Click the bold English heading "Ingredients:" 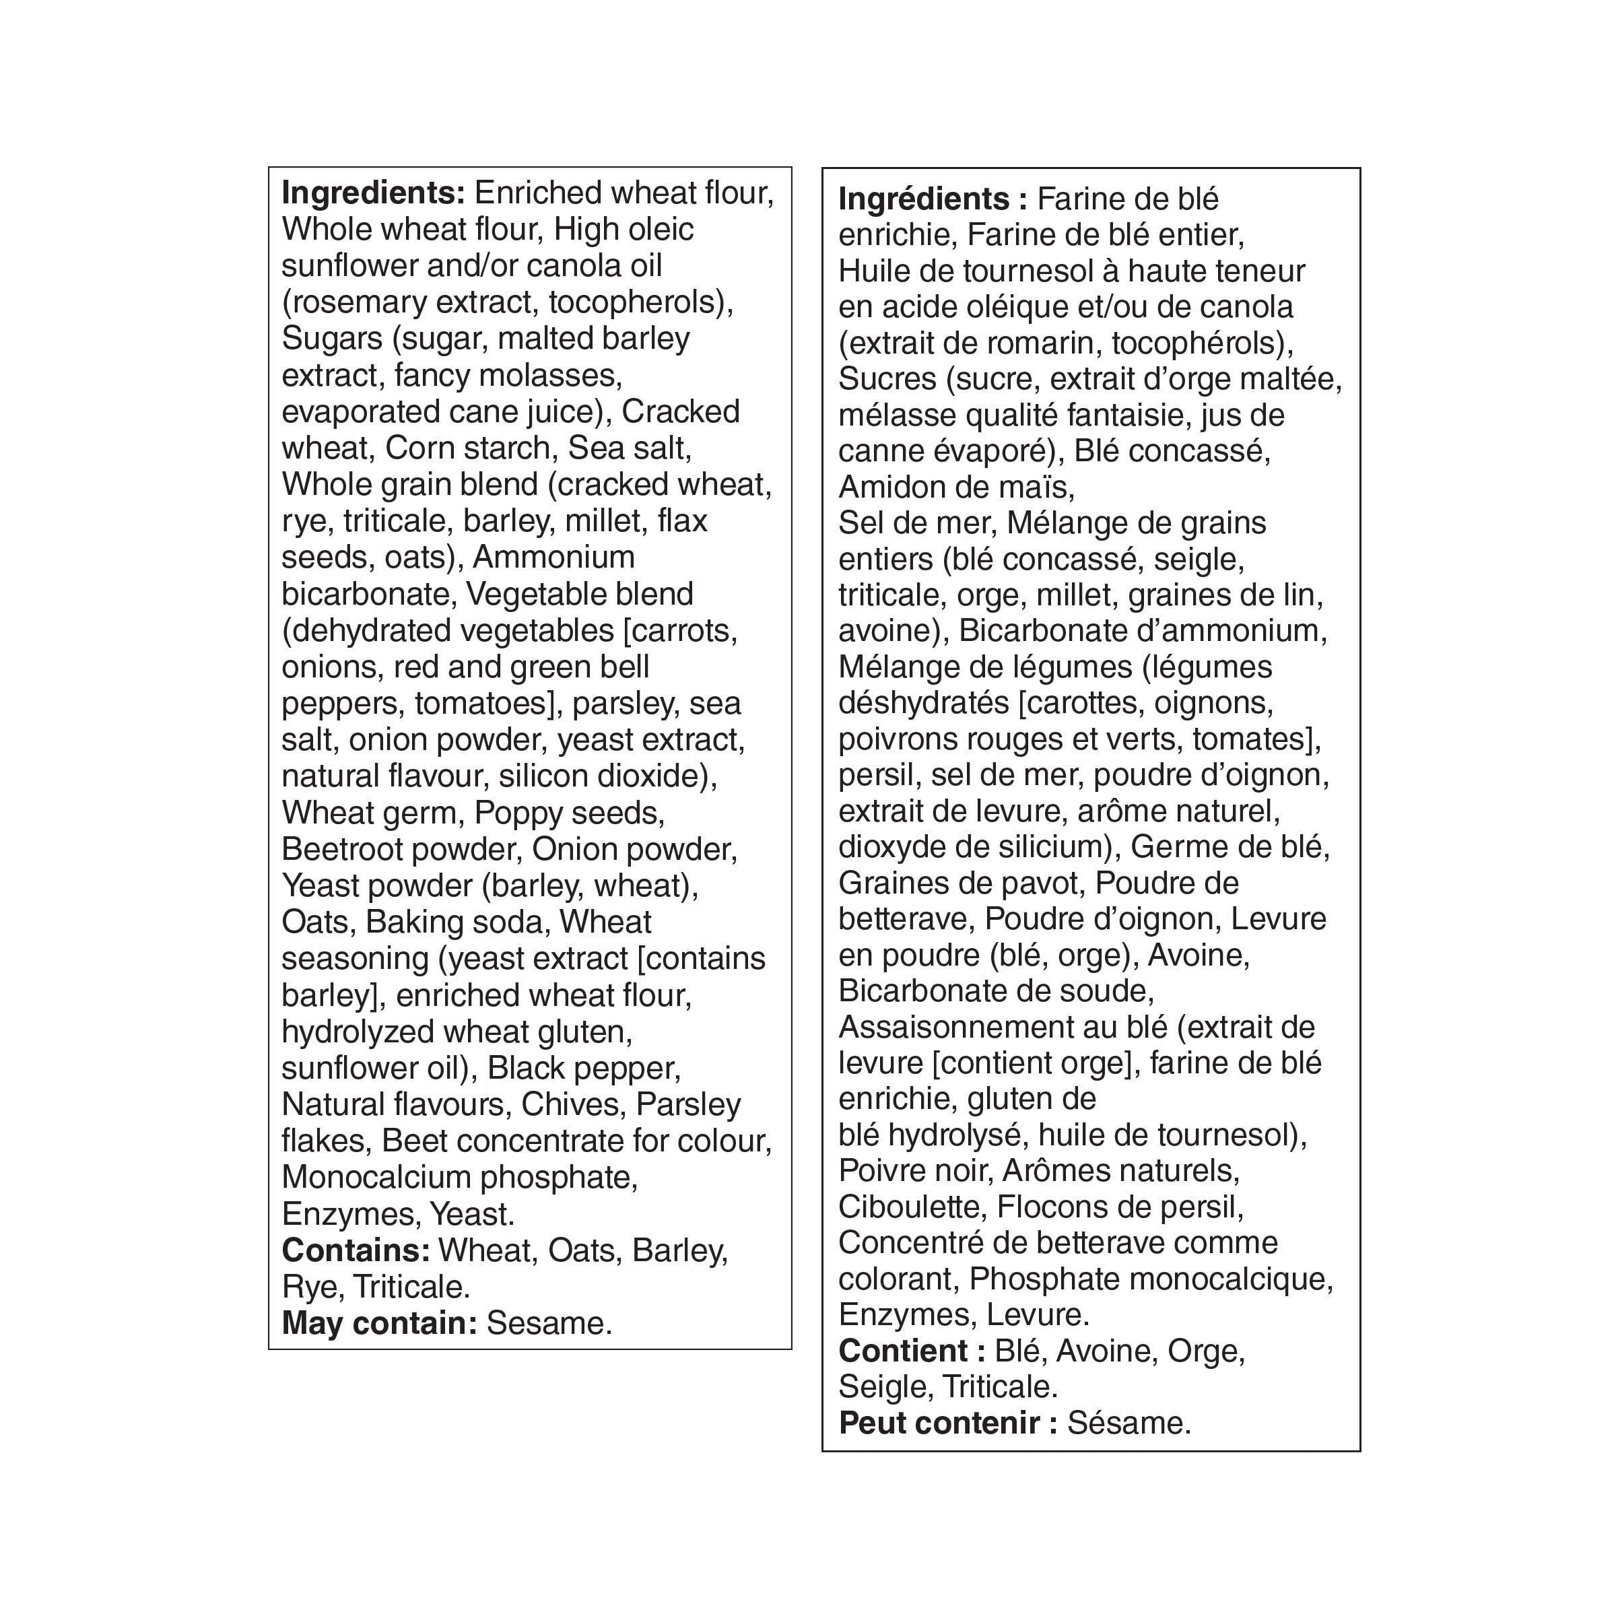[373, 193]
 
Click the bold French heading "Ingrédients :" [932, 199]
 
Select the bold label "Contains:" [356, 1250]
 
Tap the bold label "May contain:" [379, 1323]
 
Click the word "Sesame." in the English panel [549, 1323]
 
